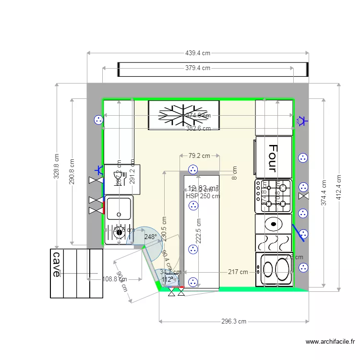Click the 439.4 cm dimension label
pos(197,53)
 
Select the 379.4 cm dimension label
pos(197,68)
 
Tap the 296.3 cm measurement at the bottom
pos(234,322)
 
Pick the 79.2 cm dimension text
pos(199,156)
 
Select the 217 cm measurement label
pos(238,272)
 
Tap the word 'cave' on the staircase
pos(57,264)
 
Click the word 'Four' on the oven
pos(273,158)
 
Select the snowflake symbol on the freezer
pos(184,115)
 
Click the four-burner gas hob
pos(274,196)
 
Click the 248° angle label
pos(150,237)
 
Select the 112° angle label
pos(167,279)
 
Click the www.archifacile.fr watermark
pos(330,342)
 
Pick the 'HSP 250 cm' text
pos(203,196)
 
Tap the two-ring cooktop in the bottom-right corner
pos(275,269)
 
